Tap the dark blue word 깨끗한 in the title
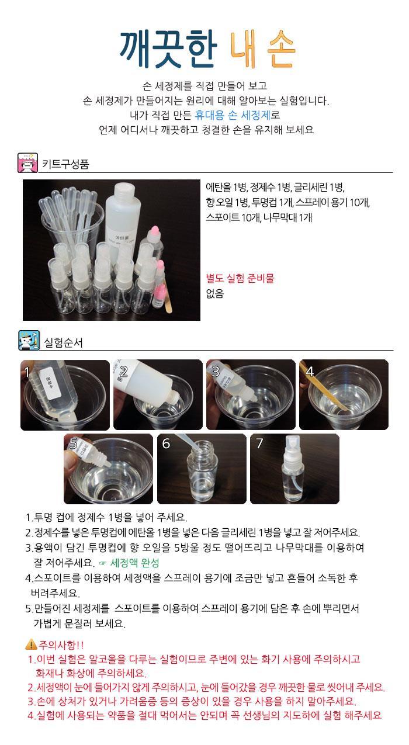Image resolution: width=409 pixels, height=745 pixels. tap(169, 48)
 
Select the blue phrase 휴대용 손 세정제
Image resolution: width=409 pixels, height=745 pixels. tap(233, 115)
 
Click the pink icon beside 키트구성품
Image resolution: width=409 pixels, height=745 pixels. tap(27, 163)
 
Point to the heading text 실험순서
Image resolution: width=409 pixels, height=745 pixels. tap(64, 342)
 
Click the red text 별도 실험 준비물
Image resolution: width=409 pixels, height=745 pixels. tap(240, 278)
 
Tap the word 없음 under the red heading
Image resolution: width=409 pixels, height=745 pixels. tap(215, 293)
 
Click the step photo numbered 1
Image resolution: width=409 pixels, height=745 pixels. tap(65, 395)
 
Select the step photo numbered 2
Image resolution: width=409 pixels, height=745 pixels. tap(158, 395)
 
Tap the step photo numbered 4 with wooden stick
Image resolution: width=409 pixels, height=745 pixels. tap(344, 395)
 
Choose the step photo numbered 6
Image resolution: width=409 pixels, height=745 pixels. tap(202, 469)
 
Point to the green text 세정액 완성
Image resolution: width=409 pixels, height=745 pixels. tap(134, 563)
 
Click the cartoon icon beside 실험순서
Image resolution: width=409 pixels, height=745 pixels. tap(29, 340)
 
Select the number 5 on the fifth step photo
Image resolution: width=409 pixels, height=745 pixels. tap(74, 444)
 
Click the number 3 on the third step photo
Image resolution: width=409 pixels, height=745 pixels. tap(216, 371)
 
